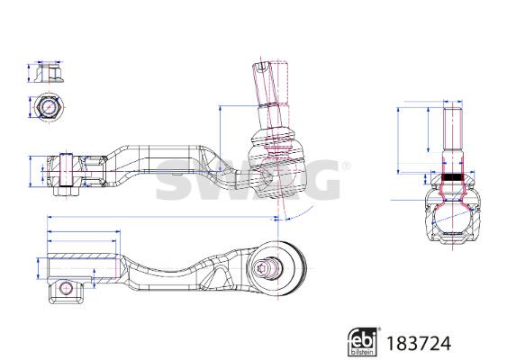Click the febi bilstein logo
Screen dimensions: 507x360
[x=362, y=342]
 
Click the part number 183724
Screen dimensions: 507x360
[x=418, y=343]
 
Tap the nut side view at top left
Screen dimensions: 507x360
[x=50, y=73]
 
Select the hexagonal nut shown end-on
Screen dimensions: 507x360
[x=49, y=105]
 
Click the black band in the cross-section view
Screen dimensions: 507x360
[x=452, y=177]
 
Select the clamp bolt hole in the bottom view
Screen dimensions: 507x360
[x=66, y=288]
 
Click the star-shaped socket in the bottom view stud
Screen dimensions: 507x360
[x=262, y=268]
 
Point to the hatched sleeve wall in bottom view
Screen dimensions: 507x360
[x=81, y=256]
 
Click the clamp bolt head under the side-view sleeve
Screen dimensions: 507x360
[x=67, y=191]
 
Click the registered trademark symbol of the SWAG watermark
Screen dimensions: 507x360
[x=346, y=166]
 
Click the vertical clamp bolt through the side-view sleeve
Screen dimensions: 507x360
[x=67, y=170]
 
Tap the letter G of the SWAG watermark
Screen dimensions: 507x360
[x=319, y=180]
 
